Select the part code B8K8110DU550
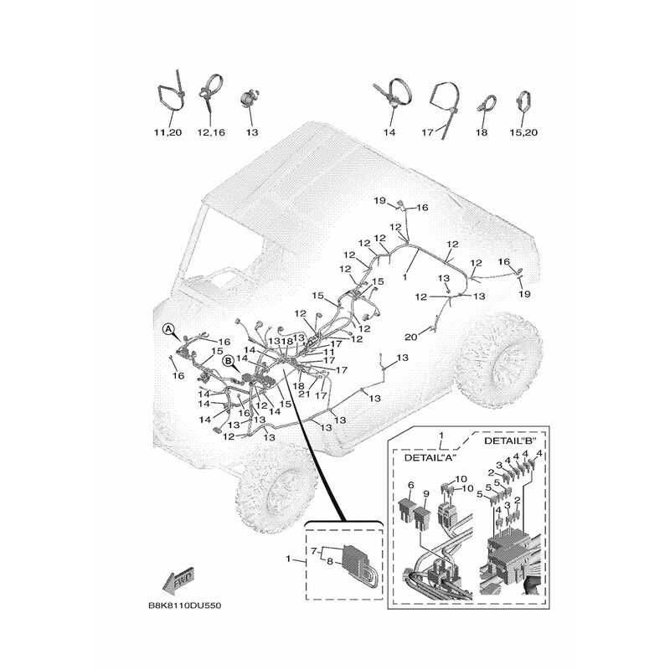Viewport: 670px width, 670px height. (x=185, y=606)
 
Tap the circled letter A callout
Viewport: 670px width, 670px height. (x=168, y=329)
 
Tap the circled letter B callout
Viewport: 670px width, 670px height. (x=229, y=361)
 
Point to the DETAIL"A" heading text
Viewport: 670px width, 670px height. (x=430, y=457)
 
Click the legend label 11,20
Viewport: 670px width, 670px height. (x=168, y=132)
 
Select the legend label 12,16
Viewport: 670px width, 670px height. (x=211, y=132)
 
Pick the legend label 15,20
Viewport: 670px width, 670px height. (x=523, y=132)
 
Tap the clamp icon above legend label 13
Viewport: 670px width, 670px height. (x=249, y=100)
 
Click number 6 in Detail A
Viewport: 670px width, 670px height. (x=411, y=485)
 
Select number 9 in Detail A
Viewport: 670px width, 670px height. (x=425, y=493)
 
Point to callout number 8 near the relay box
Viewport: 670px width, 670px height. (x=329, y=561)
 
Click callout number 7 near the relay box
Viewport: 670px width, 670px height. (x=312, y=549)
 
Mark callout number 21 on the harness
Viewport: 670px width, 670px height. (x=304, y=394)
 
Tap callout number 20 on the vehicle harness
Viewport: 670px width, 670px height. (x=410, y=338)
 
